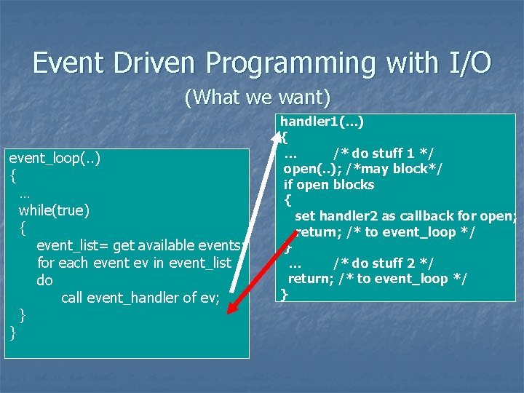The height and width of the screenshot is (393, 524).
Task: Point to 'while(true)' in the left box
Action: (x=55, y=210)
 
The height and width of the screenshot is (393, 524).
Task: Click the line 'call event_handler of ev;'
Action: (x=140, y=298)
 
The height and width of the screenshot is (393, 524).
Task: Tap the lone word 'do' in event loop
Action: (x=44, y=280)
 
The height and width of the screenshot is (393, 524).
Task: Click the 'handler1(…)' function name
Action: (x=322, y=121)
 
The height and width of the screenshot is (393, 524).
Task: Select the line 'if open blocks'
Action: (x=329, y=184)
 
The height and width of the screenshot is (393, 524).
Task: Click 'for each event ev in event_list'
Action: (x=134, y=263)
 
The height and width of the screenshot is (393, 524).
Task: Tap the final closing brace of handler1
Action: (x=285, y=295)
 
